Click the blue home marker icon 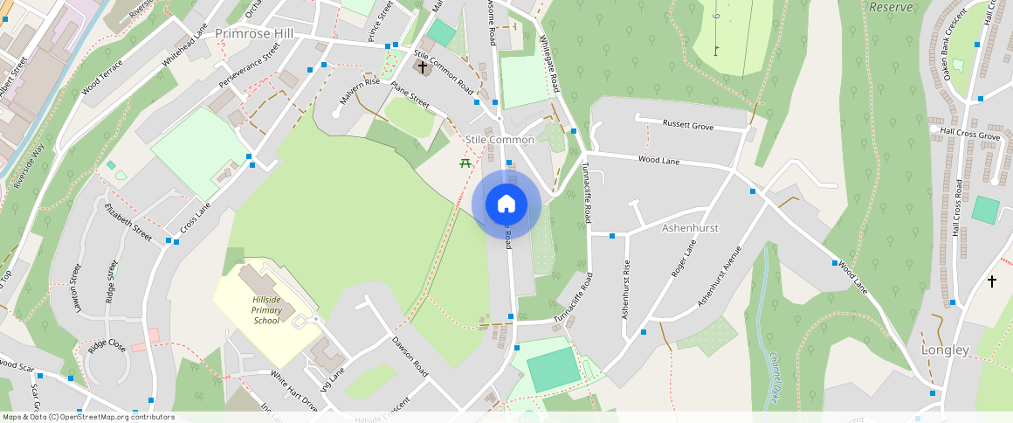(507, 205)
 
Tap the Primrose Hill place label (253, 32)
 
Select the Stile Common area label (500, 140)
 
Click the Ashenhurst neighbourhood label (690, 227)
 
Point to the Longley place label (945, 350)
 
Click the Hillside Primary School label (265, 310)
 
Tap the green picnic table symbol (465, 162)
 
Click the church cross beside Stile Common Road (423, 66)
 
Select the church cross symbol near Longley (991, 281)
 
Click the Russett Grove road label (688, 126)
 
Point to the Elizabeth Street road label (127, 222)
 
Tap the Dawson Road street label (410, 356)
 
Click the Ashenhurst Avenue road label (720, 274)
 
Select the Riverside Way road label (28, 167)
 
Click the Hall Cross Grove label (970, 135)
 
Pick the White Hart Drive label (294, 391)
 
